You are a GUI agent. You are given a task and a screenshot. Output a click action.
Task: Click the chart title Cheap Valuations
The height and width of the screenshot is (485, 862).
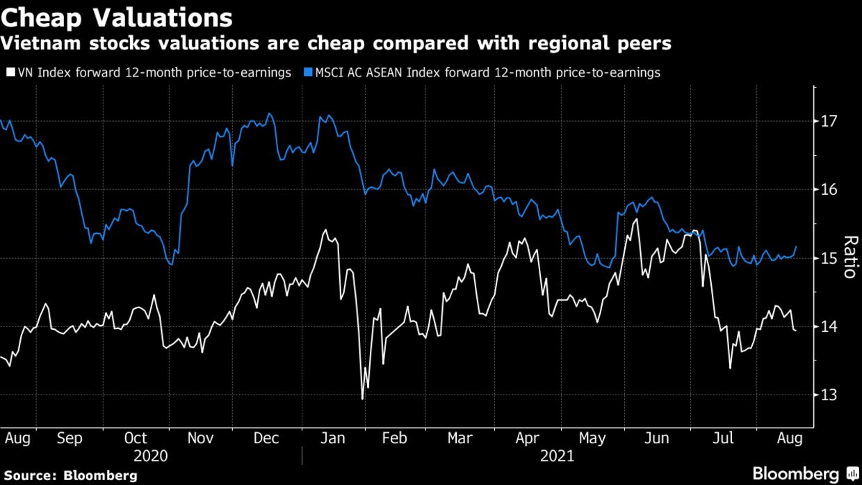pos(117,15)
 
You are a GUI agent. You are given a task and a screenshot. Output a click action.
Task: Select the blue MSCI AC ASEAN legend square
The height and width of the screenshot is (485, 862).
pos(308,72)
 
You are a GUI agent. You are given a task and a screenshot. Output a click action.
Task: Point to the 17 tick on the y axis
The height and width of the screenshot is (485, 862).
pos(830,121)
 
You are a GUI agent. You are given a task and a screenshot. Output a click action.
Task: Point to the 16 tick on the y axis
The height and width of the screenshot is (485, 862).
pos(830,189)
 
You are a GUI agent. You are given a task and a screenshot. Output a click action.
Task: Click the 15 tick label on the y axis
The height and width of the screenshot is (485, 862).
pos(830,258)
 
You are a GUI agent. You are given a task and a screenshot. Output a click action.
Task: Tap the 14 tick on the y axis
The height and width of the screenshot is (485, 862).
pos(830,326)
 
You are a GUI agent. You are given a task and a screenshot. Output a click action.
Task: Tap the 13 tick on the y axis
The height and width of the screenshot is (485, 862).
pos(830,395)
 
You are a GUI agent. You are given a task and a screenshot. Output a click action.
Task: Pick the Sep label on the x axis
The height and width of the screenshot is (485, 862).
pos(70,438)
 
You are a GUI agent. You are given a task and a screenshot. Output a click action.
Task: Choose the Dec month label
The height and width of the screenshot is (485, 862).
pos(266,438)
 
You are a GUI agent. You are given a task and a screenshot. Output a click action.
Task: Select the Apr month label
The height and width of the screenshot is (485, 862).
pos(528,438)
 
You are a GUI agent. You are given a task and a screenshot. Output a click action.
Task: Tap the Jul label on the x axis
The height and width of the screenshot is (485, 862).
pos(724,438)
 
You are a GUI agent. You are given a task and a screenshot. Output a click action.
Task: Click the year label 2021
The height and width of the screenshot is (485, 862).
pos(558,456)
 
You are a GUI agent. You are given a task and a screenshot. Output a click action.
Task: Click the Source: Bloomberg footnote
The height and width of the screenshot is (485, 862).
pos(69,476)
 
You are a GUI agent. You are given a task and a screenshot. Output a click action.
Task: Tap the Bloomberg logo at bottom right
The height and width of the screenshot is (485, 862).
pos(806,473)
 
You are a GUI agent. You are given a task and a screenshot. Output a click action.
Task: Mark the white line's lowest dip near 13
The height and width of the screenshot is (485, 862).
pos(363,399)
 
